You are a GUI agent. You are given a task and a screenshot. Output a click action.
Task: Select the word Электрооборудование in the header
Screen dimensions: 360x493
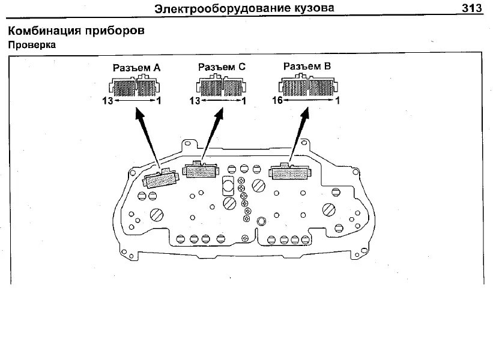[222, 8]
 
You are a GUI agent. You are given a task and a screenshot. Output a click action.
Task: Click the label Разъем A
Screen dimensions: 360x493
[136, 68]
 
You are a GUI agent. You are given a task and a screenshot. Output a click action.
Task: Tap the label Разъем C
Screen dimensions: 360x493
[222, 68]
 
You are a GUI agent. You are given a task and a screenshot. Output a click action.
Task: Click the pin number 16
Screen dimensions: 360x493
[277, 101]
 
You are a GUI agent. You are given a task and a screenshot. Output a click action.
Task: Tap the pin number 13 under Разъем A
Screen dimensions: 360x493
[107, 101]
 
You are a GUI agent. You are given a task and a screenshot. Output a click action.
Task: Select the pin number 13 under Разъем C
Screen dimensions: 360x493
[193, 101]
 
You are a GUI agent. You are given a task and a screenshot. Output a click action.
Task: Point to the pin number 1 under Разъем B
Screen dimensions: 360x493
[338, 101]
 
